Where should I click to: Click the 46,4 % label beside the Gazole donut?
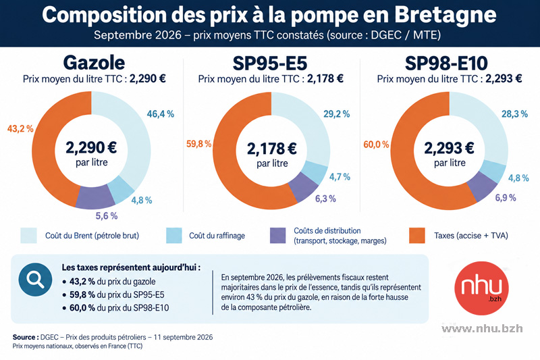(x=161, y=113)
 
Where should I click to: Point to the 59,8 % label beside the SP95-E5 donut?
(x=198, y=144)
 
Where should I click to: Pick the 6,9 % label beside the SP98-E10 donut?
(x=506, y=198)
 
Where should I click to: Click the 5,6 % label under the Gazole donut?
(x=107, y=216)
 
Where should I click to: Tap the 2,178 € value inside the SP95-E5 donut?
(x=272, y=149)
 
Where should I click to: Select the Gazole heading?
(x=94, y=63)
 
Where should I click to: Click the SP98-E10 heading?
(x=446, y=63)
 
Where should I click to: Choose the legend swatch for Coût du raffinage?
(x=174, y=236)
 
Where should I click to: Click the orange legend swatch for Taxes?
(x=417, y=236)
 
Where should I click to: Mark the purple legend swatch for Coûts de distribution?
(x=278, y=236)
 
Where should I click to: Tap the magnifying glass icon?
(x=36, y=280)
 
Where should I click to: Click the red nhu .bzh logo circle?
(x=481, y=288)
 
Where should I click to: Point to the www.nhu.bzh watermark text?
(x=482, y=329)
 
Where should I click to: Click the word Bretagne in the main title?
(x=446, y=15)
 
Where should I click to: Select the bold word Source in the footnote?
(x=26, y=337)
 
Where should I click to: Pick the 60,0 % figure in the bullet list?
(x=82, y=307)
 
